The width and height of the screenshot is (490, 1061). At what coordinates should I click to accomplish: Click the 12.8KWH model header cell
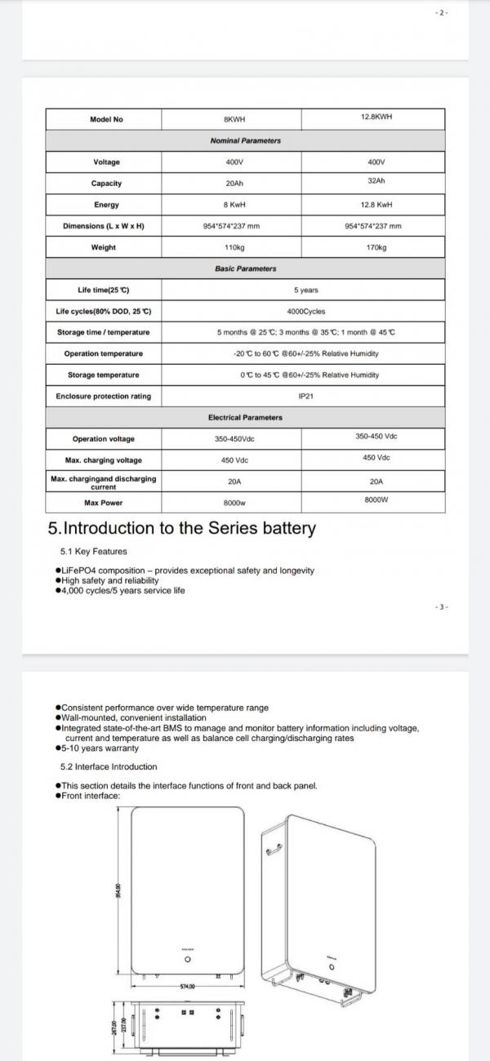point(376,117)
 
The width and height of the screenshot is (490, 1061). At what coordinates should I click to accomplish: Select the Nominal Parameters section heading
point(245,140)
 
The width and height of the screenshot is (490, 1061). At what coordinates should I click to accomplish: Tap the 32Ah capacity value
point(376,182)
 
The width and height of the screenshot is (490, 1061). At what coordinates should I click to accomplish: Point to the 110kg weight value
point(234,247)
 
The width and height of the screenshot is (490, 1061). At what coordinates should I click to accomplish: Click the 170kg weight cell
point(376,246)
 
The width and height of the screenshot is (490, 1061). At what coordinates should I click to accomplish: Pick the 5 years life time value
point(306,290)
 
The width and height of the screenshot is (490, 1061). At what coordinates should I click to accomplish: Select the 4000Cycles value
point(306,311)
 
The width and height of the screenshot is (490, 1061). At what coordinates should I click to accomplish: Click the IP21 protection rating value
point(306,396)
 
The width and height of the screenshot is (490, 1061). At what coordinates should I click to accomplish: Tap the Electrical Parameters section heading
point(245,417)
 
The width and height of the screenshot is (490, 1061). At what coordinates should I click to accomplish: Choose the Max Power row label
point(103,503)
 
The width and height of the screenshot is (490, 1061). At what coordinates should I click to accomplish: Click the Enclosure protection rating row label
point(103,396)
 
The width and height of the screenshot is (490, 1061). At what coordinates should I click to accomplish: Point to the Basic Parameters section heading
point(245,269)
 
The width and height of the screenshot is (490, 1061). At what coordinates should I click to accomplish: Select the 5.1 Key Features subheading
point(93,551)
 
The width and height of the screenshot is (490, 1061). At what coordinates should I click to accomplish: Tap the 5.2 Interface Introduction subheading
point(109,766)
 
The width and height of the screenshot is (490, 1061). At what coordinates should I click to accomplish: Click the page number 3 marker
point(442,607)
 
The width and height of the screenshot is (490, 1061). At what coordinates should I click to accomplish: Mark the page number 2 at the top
point(443,13)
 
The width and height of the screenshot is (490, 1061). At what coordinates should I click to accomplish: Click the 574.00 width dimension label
point(187,986)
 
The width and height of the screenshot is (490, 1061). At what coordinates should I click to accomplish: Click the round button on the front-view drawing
point(187,959)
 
